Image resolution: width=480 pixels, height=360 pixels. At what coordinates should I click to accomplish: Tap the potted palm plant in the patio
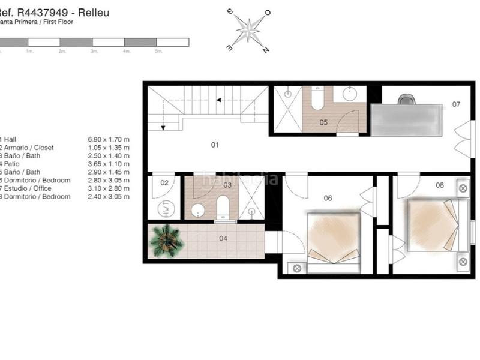166,241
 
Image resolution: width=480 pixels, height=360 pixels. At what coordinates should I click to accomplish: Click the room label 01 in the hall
214,145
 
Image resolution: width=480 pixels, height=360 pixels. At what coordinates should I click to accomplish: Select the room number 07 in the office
456,104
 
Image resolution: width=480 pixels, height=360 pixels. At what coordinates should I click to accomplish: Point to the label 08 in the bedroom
440,185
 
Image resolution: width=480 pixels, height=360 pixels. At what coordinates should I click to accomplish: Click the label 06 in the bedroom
328,198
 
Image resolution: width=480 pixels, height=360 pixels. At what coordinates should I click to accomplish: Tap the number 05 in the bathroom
323,122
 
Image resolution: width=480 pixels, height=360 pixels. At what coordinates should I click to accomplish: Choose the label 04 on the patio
223,238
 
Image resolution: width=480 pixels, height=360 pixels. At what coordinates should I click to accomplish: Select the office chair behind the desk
406,99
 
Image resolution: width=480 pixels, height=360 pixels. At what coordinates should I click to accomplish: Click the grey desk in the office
407,120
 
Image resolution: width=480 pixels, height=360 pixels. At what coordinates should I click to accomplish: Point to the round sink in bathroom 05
349,94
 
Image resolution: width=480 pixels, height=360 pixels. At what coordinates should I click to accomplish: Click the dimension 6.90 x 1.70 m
109,139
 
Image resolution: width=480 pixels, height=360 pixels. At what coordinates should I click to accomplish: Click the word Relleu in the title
94,13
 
